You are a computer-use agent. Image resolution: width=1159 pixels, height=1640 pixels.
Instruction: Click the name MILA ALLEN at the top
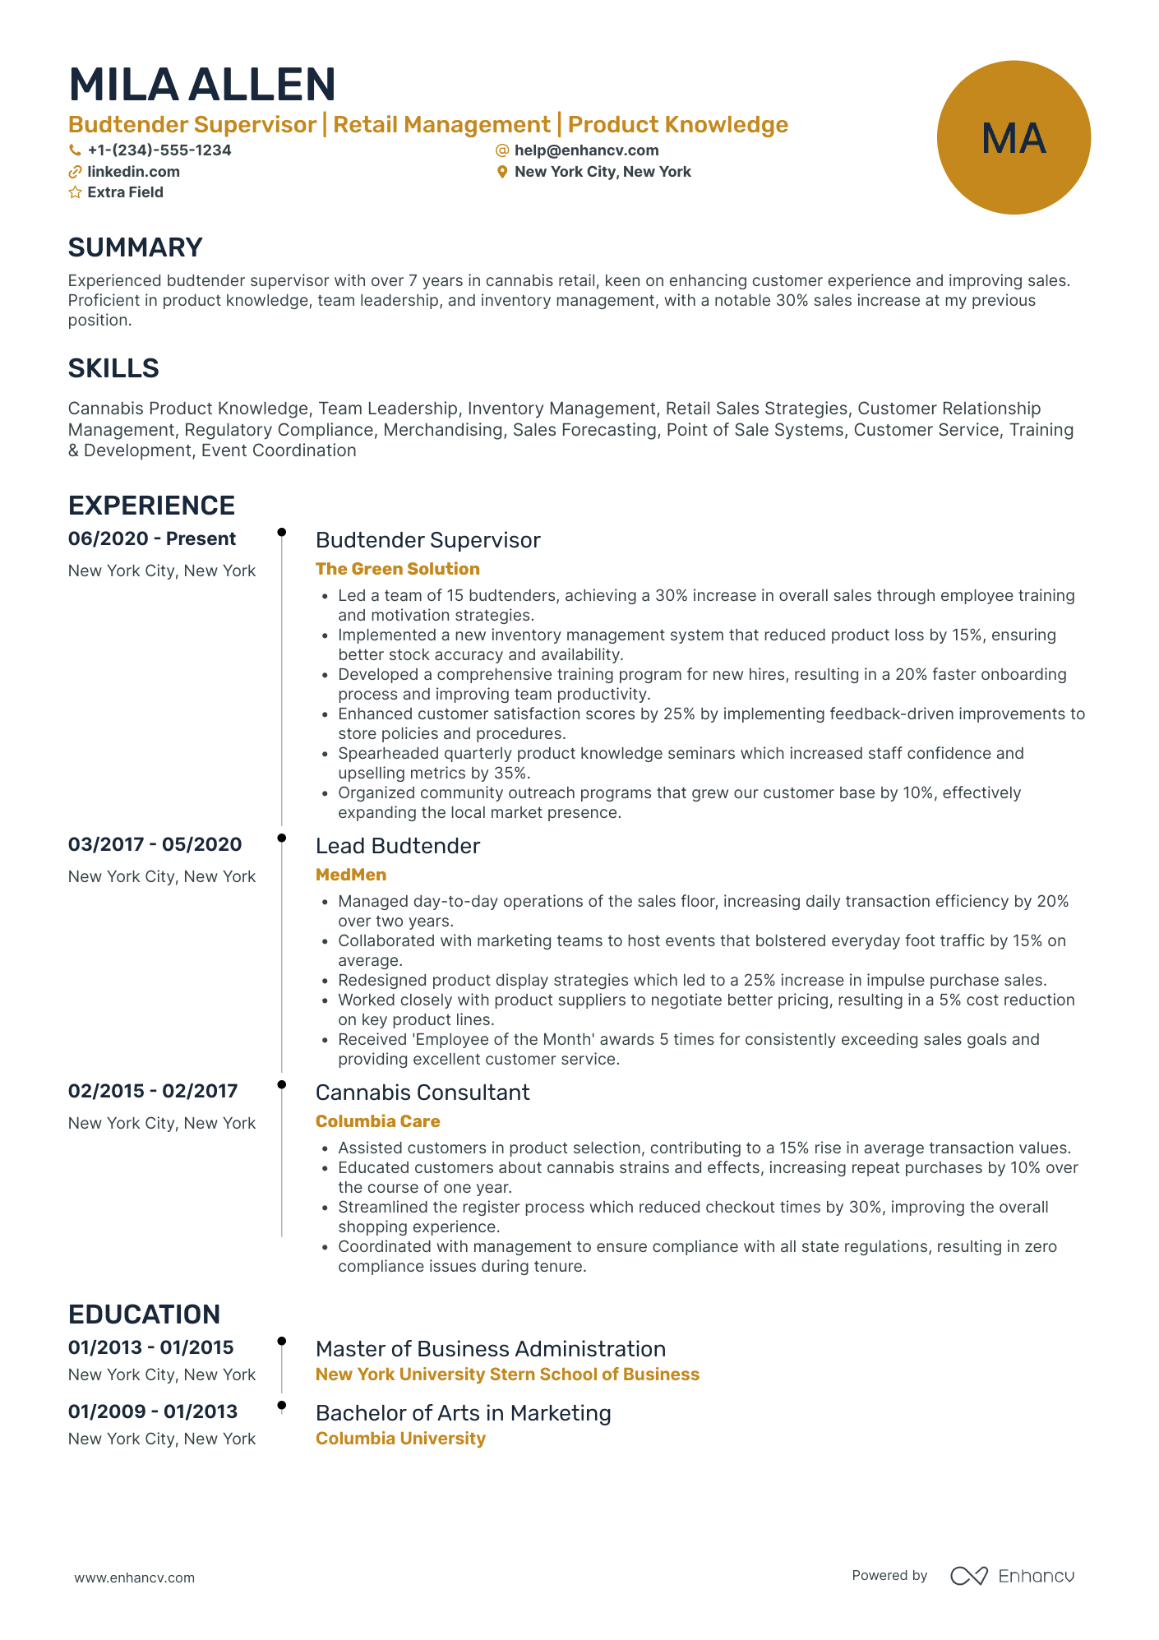point(202,85)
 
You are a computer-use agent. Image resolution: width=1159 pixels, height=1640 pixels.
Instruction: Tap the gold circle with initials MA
point(1013,137)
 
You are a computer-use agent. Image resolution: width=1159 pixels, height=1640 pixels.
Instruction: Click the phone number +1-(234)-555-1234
point(159,150)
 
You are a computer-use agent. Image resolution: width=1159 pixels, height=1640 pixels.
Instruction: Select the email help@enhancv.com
point(586,150)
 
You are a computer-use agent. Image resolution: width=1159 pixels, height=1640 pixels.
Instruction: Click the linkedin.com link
point(133,172)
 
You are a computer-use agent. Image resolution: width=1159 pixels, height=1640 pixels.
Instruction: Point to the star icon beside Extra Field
point(75,192)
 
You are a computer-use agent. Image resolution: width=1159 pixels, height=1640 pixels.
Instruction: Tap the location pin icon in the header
point(501,172)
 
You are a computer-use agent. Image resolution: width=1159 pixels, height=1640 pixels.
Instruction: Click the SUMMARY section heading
point(135,247)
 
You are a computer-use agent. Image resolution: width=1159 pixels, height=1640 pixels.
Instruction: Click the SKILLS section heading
point(113,368)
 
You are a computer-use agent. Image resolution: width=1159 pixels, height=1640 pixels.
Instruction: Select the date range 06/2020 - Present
point(152,539)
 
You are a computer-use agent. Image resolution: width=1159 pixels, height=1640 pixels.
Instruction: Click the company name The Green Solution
point(397,569)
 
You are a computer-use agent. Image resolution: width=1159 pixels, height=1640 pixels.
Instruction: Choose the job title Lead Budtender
point(397,846)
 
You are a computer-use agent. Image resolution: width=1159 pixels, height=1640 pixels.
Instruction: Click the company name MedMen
point(350,875)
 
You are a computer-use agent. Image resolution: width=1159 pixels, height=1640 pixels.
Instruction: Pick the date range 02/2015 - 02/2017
point(153,1092)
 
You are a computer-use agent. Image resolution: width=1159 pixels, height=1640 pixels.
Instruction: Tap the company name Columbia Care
point(377,1121)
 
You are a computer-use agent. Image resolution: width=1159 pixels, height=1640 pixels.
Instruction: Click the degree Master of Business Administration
point(490,1349)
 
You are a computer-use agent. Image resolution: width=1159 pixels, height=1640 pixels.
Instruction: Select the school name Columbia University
point(400,1439)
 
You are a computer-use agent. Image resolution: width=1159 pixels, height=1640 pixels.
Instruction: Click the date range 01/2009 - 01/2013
point(153,1412)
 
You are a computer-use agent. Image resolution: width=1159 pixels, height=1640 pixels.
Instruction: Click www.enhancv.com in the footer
point(135,1578)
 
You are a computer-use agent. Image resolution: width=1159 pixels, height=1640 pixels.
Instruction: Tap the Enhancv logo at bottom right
point(1012,1576)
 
